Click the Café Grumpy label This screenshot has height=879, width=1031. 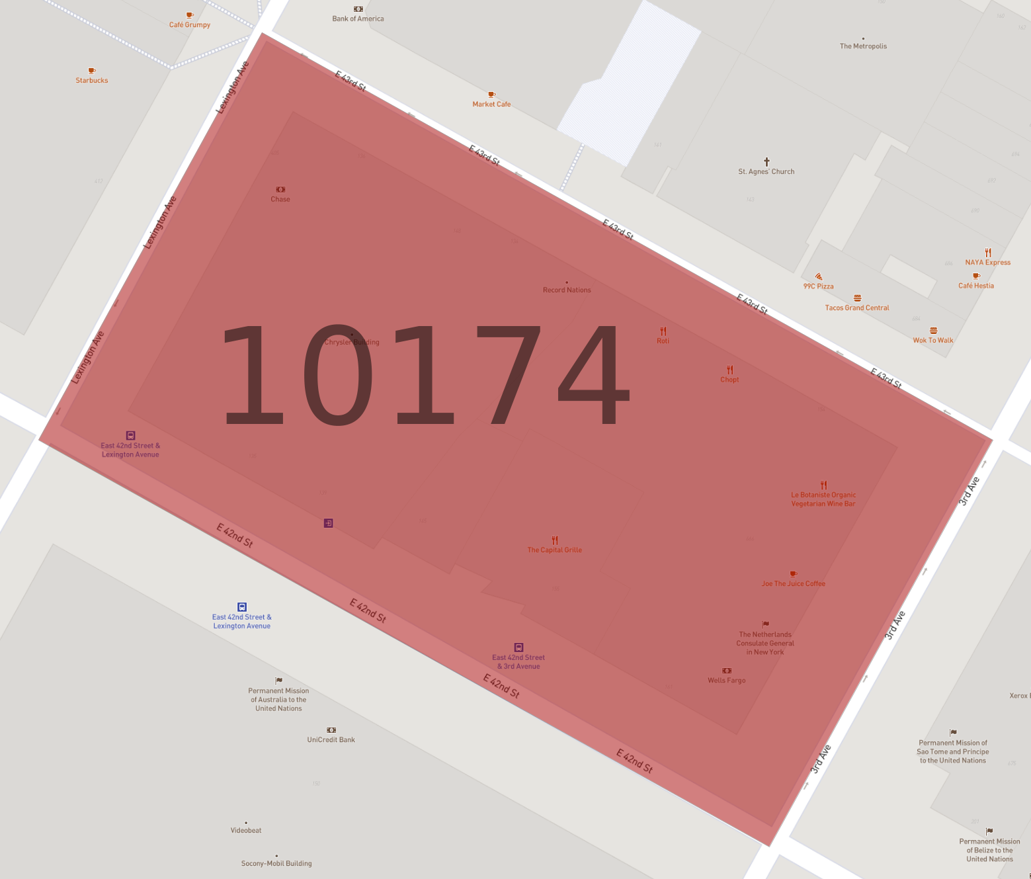tap(190, 25)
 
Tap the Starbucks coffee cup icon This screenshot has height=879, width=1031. tap(92, 71)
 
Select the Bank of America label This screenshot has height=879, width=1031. tap(358, 19)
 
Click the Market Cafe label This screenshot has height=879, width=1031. tap(491, 105)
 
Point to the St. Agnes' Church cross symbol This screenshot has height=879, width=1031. tap(766, 161)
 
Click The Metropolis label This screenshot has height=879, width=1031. tap(863, 46)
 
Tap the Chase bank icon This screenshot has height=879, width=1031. tap(280, 190)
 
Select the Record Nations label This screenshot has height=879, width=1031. tap(567, 290)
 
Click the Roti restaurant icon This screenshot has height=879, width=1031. tap(663, 331)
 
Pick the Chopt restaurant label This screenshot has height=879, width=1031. tap(729, 380)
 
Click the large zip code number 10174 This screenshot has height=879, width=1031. tap(423, 375)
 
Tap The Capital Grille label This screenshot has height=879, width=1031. tap(554, 550)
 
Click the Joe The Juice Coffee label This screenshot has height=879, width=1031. tap(793, 584)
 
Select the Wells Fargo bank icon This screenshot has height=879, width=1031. tap(727, 671)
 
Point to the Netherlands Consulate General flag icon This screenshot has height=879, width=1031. tap(765, 624)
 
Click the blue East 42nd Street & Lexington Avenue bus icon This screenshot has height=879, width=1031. tap(242, 607)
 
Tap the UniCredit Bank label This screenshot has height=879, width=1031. tap(331, 740)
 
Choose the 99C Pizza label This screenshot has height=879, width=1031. tap(818, 286)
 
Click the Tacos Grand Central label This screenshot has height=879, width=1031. tap(857, 308)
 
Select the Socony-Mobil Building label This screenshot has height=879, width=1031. tap(276, 864)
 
